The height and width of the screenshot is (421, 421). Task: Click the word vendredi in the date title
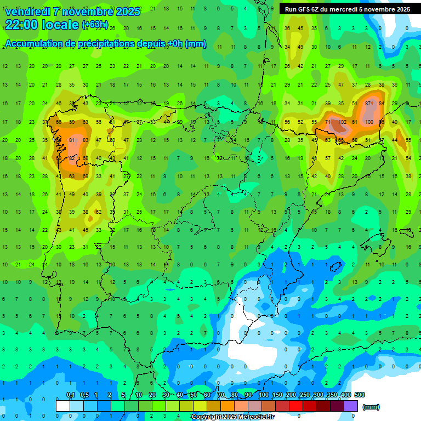coord(28,12)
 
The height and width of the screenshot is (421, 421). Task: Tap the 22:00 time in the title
coord(21,25)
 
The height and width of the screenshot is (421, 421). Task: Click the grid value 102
coord(342,122)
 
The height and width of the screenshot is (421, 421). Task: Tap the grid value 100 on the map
coord(369,122)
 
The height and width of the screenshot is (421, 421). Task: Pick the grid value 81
coord(72,140)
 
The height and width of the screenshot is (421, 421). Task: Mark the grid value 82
coord(71,158)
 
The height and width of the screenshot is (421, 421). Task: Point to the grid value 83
coord(85,140)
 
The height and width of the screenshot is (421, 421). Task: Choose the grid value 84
coord(382,104)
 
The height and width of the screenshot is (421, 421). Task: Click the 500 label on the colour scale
coord(359,395)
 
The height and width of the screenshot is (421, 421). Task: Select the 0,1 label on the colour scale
coord(71,395)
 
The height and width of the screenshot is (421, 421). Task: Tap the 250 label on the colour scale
coord(304,395)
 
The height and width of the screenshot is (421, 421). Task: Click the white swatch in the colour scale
coord(62,406)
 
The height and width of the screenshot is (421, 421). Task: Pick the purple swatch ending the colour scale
coord(351,406)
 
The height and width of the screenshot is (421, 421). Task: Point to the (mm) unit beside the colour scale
coord(371,407)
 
